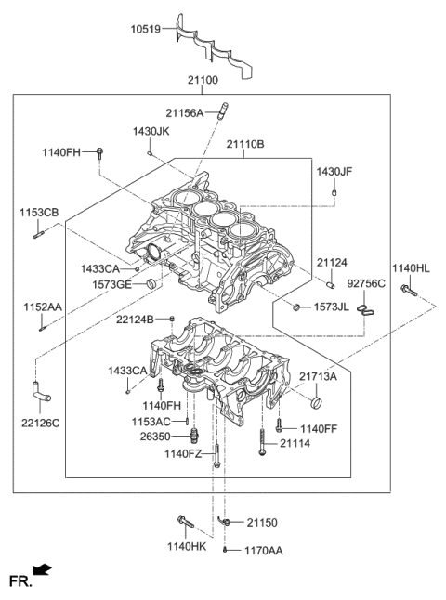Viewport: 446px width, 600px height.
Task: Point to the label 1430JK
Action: [151, 132]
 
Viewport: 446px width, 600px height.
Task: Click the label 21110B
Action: [244, 145]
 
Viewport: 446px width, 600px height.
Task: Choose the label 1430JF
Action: [334, 172]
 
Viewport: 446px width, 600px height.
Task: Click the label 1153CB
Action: [39, 213]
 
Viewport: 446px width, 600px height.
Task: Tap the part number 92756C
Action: [365, 284]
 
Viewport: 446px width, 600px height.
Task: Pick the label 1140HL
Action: [411, 268]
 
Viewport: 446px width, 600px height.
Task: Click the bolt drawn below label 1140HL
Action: [410, 293]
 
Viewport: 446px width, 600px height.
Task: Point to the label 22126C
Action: [40, 423]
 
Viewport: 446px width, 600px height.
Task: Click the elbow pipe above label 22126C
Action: [41, 391]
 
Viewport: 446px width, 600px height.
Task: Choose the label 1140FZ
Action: [184, 453]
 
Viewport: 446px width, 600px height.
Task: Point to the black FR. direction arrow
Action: [42, 568]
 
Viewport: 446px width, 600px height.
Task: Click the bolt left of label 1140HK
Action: [183, 525]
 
